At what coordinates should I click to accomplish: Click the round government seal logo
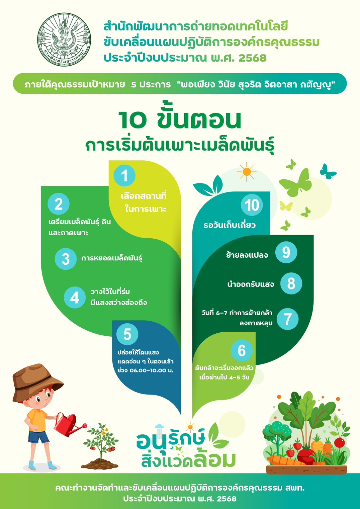(64, 39)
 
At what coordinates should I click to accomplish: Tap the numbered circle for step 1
(124, 176)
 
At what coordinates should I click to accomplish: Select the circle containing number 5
(127, 335)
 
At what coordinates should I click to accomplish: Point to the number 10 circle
(252, 205)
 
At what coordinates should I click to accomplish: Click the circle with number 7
(287, 319)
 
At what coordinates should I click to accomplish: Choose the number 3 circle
(66, 259)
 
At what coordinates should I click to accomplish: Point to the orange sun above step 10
(247, 172)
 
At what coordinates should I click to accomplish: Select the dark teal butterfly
(328, 171)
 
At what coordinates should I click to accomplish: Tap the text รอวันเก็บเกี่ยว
(230, 225)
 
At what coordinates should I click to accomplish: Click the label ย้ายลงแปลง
(247, 255)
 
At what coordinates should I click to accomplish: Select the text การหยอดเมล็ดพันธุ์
(112, 259)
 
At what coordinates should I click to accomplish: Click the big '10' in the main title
(132, 120)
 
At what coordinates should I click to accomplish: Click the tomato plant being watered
(101, 439)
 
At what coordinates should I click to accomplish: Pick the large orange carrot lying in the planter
(285, 460)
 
